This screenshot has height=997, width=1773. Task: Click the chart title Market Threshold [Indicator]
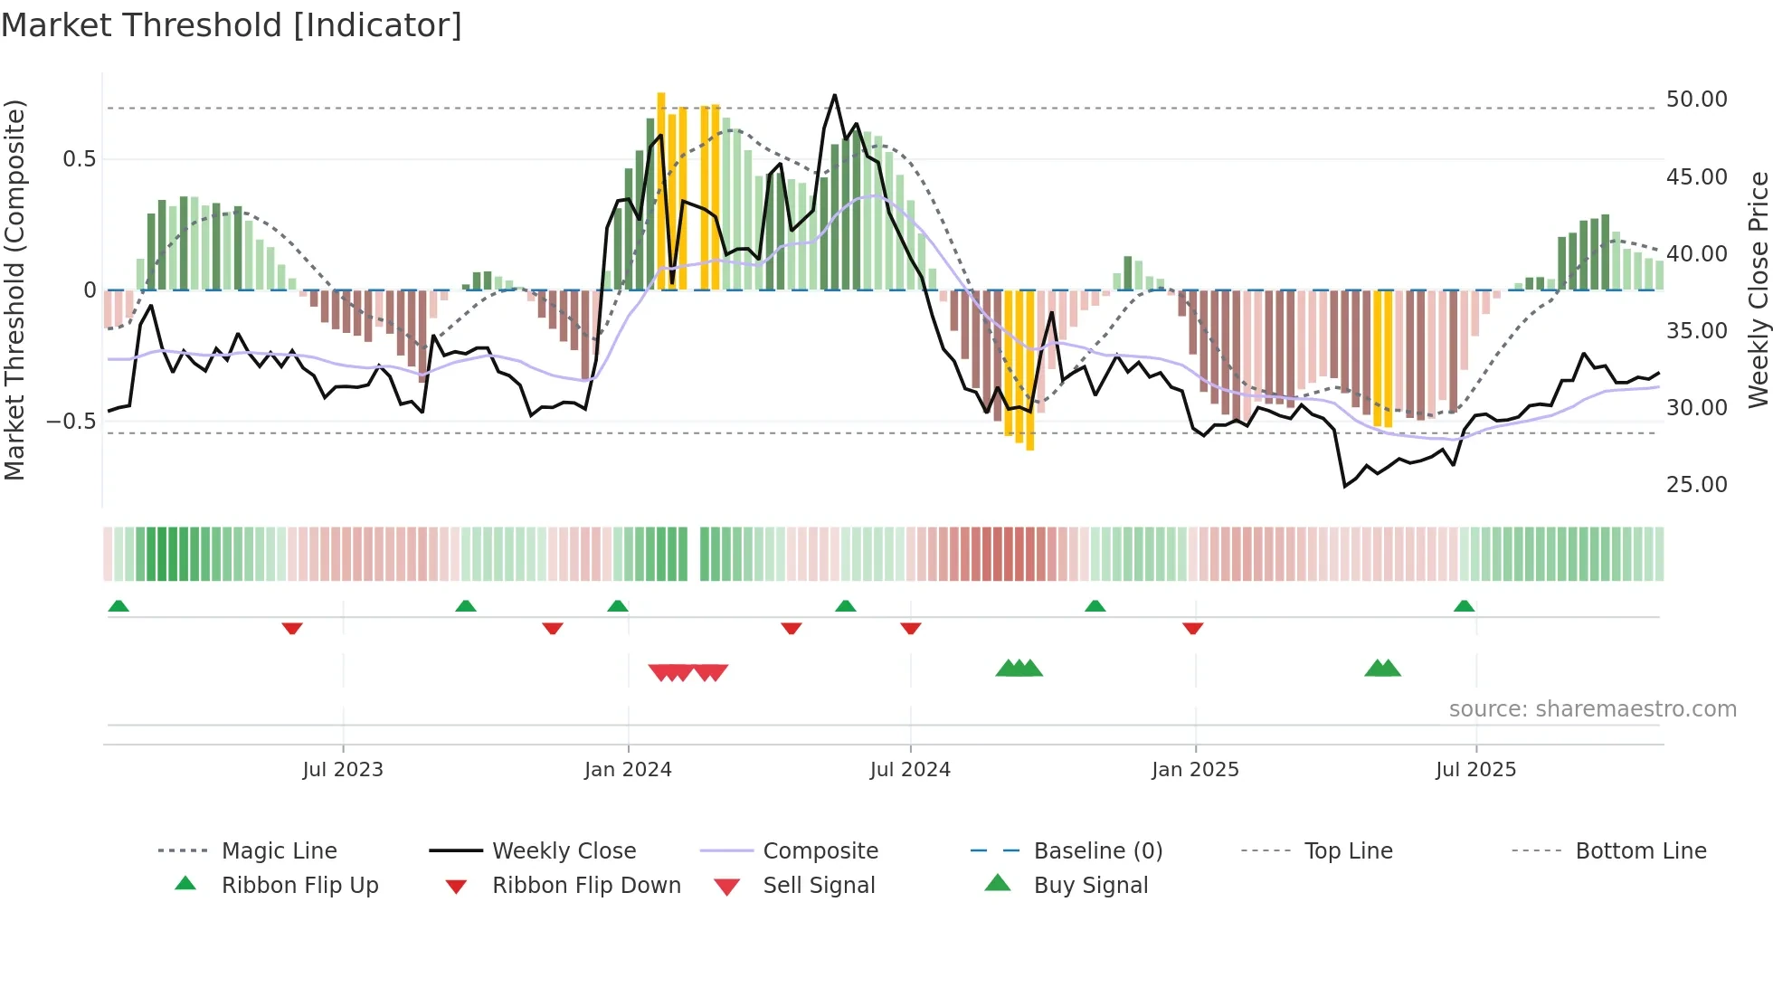(x=232, y=25)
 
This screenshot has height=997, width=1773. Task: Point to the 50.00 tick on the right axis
(x=1696, y=100)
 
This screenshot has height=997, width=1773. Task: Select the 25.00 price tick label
(x=1696, y=485)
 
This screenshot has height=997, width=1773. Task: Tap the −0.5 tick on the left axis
(x=71, y=422)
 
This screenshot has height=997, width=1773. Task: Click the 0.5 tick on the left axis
(x=79, y=159)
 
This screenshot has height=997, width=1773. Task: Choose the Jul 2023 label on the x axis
(x=343, y=770)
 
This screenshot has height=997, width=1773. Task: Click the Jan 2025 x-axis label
(x=1195, y=770)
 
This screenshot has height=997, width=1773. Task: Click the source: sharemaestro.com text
(x=1592, y=709)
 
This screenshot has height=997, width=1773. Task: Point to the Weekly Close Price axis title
(x=1758, y=290)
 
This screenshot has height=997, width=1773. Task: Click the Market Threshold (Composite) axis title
(x=14, y=290)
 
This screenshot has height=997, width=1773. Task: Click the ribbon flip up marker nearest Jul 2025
(x=1464, y=606)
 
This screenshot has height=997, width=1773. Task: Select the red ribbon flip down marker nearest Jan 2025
(x=1192, y=628)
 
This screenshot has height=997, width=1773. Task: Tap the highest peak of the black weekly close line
(x=834, y=95)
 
